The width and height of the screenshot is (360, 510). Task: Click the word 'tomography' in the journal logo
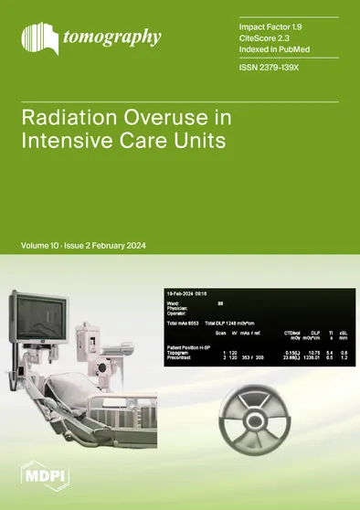(111, 37)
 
